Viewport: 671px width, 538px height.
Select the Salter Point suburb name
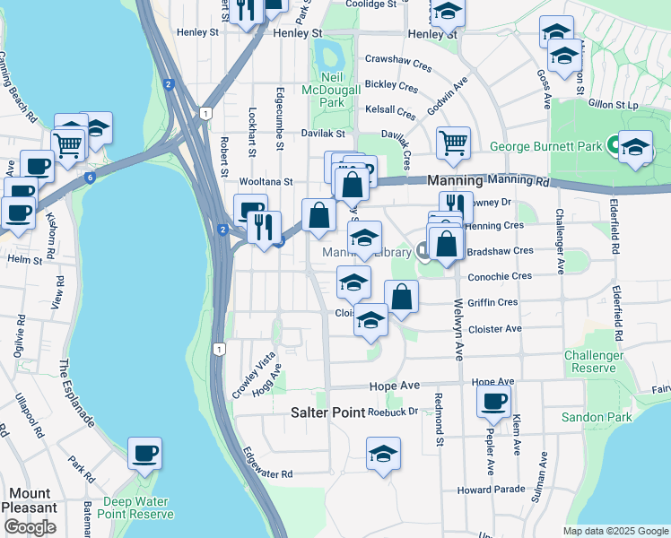[x=327, y=413]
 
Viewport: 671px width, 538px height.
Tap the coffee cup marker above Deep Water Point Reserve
[x=144, y=454]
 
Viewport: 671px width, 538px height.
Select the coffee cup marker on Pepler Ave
[x=492, y=402]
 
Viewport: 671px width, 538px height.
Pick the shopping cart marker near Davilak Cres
[x=454, y=142]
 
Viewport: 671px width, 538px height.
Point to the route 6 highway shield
[x=90, y=178]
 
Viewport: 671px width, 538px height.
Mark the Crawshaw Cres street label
[x=397, y=63]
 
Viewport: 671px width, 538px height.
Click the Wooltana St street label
[x=266, y=181]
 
